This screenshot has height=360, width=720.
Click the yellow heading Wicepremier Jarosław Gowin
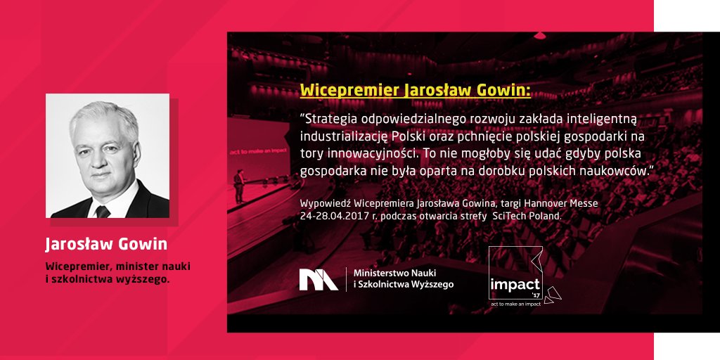[415, 91]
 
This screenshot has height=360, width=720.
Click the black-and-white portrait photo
[108, 155]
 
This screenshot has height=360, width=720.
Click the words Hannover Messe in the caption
[564, 203]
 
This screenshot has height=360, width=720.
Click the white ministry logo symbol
[319, 279]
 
